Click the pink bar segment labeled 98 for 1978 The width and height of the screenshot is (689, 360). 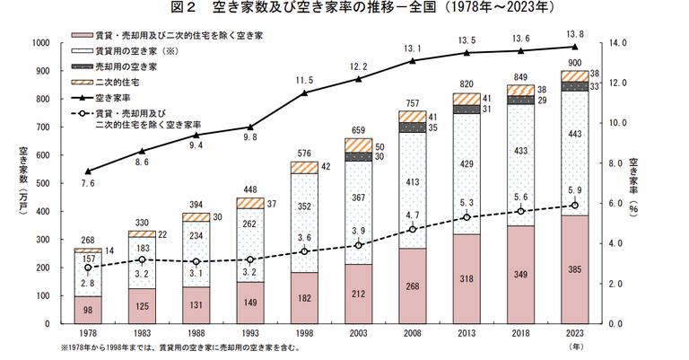pos(87,310)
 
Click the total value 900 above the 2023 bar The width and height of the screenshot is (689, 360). pos(574,63)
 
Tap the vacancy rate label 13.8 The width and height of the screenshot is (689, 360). pos(574,33)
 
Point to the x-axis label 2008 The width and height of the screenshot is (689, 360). pos(412,334)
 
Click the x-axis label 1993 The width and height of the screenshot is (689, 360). pos(249,334)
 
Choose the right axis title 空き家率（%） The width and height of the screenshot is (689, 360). pos(632,184)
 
